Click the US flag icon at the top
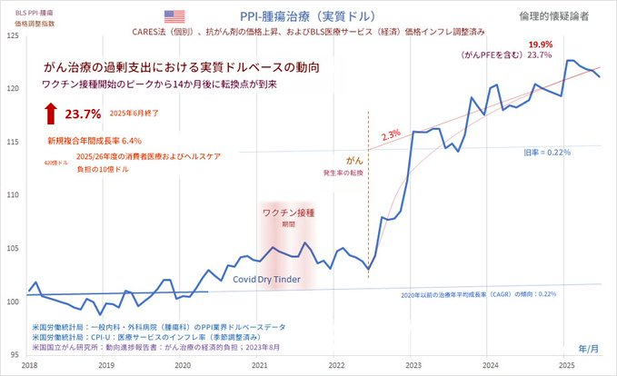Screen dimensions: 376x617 point(174,17)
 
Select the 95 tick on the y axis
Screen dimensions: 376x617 point(13,353)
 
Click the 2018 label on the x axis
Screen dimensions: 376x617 point(30,364)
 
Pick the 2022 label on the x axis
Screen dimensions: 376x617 point(336,364)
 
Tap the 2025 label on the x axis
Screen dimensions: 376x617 point(567,364)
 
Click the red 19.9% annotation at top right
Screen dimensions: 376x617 point(540,44)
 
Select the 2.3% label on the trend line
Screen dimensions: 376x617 point(392,134)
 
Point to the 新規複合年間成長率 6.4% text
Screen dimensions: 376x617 point(95,142)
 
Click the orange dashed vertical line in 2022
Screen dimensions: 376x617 point(368,200)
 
